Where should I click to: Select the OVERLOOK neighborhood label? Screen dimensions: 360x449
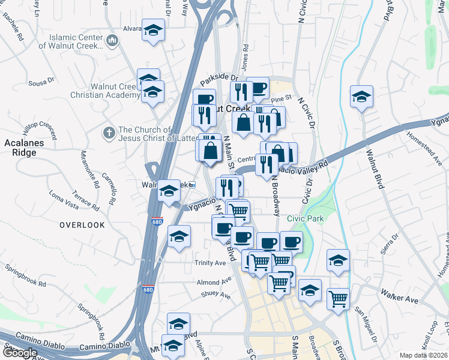coord(82,225)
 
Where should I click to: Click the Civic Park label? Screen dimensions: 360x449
coord(306,219)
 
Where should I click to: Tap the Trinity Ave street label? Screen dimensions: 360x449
coord(209,263)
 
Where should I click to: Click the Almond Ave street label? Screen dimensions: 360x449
coord(214,281)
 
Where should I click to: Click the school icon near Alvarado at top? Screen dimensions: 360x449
coord(153,30)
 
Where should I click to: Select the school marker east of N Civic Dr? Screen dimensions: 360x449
coord(362,97)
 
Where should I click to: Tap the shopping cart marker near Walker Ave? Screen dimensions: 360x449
coord(339,298)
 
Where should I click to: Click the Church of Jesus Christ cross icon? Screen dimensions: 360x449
coord(109,132)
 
